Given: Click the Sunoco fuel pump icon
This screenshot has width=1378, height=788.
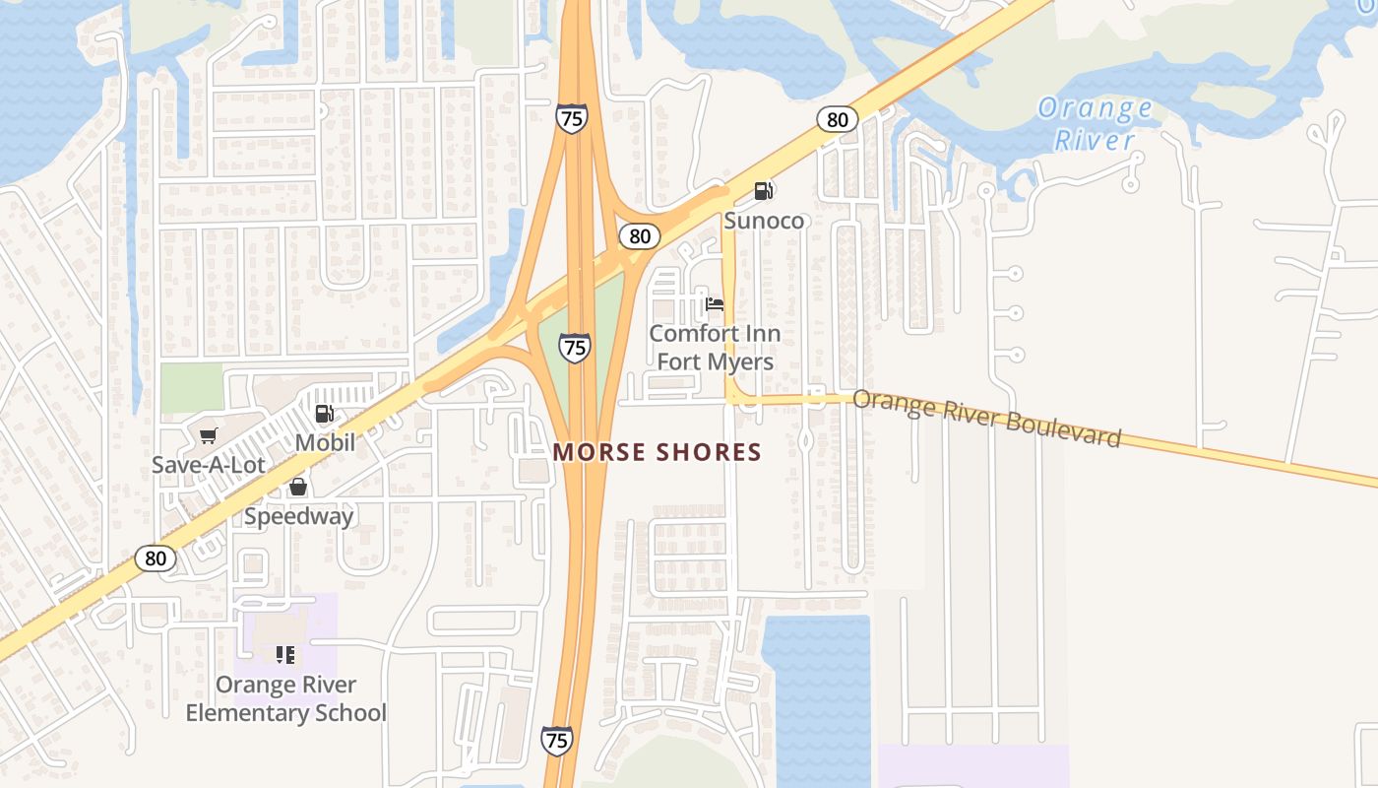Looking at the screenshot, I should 764,190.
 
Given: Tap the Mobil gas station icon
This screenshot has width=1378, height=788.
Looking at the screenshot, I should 325,415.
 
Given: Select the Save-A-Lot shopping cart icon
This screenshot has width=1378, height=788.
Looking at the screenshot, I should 208,435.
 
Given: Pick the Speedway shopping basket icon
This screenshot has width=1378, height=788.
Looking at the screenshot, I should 298,487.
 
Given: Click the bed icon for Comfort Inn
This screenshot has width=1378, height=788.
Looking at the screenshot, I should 715,303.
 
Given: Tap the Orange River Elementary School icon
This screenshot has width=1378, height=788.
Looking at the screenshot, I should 285,654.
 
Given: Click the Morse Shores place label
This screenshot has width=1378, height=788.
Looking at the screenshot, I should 658,452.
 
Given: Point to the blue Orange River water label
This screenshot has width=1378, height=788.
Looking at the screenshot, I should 1095,123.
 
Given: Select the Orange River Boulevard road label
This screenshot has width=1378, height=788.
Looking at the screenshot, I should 986,418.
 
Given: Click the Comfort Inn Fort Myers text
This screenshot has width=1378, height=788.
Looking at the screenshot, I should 715,348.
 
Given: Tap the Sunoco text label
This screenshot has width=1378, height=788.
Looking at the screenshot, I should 764,220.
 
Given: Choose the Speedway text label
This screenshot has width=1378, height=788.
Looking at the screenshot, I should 298,515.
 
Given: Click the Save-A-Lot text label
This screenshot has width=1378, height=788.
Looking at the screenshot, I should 209,464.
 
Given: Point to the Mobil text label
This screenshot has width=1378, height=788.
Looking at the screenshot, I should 325,442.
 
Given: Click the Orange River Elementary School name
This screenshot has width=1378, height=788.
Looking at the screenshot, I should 286,698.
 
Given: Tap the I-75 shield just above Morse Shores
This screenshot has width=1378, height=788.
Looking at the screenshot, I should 575,347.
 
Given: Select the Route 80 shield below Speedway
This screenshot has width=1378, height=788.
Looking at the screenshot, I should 156,558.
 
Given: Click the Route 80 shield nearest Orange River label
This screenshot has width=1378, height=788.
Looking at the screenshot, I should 837,120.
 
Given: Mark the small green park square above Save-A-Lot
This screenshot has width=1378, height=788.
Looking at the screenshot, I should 192,388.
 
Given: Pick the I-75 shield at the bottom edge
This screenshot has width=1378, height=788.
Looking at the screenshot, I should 557,740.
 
